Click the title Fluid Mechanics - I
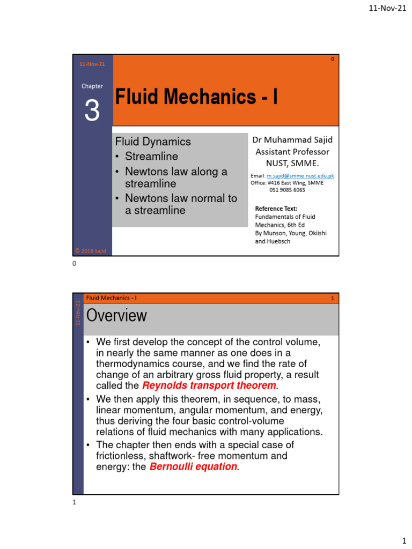point(196,97)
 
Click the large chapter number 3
point(92,111)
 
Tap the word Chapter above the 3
point(92,86)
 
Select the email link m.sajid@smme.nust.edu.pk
point(300,175)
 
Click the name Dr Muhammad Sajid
point(292,140)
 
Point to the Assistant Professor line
point(292,152)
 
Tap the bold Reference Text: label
point(276,209)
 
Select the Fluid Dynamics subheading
point(153,142)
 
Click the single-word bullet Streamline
point(151,157)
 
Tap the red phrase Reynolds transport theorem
point(209,386)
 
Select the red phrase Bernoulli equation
point(193,467)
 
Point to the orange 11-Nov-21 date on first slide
point(92,64)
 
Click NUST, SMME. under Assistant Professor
point(292,163)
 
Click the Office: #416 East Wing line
point(287,182)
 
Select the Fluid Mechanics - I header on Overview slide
point(111,298)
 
